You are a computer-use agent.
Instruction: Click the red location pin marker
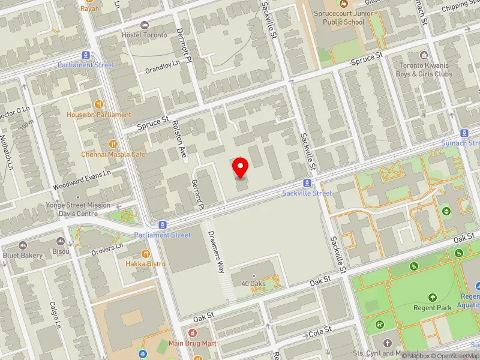[x=241, y=166]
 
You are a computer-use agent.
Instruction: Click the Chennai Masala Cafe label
[x=114, y=154]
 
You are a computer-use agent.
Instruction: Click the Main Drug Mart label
[x=192, y=343]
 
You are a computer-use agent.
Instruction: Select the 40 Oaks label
[x=253, y=284]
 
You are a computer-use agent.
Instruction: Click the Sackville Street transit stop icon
[x=307, y=184]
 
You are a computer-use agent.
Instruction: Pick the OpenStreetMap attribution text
[x=453, y=356]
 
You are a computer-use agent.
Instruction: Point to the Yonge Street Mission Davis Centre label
[x=78, y=209]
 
